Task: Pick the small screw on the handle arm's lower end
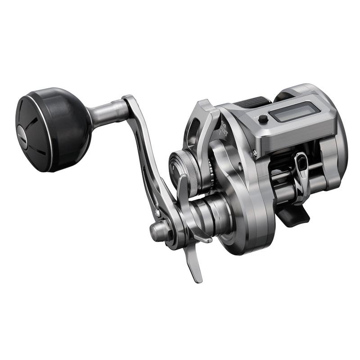point(157,211)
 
